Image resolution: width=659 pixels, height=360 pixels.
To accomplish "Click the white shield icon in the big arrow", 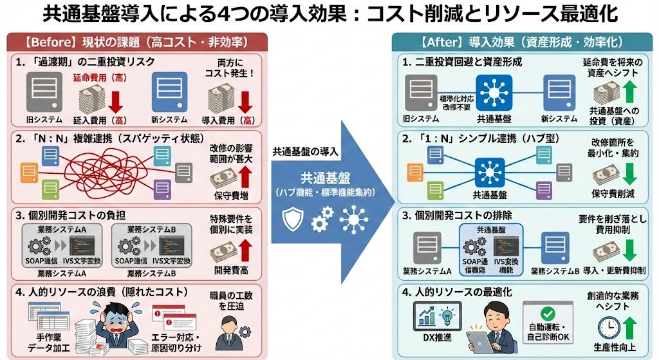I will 293,220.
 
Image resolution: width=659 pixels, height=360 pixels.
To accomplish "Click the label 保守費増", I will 232,194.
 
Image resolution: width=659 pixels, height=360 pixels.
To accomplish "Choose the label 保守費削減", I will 608,194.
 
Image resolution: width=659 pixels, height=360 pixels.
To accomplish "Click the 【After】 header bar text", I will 521,43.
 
